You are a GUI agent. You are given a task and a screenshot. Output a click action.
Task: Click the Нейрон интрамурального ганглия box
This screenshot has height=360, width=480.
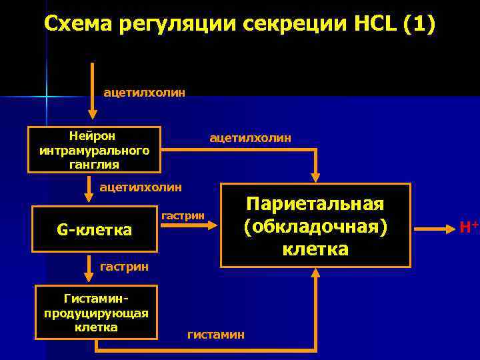coord(94,149)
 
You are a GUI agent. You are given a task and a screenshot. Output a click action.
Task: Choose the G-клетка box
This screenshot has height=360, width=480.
coord(94,230)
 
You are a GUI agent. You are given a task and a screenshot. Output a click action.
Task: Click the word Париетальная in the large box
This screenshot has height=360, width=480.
coord(315,203)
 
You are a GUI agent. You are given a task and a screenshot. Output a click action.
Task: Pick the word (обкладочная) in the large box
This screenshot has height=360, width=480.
coord(315,226)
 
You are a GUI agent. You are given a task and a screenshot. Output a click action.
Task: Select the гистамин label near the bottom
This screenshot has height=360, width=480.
coord(215,335)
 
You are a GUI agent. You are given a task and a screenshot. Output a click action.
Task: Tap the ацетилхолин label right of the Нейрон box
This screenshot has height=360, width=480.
coord(250,137)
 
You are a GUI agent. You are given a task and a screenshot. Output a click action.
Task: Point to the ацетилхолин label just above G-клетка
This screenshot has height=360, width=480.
coord(140,187)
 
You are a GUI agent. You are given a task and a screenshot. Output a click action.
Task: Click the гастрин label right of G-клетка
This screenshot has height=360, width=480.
coord(183,215)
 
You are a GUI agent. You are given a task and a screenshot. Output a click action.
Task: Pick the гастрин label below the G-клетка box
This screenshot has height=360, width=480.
coord(125,267)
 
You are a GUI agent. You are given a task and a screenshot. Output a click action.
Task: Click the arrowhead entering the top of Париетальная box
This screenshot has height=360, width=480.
coord(315,177)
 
